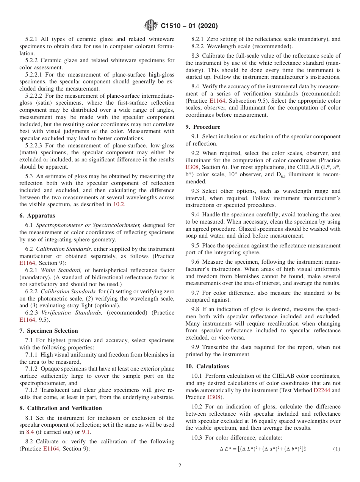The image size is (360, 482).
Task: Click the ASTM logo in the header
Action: click(x=151, y=26)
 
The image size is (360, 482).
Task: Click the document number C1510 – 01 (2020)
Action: click(x=189, y=26)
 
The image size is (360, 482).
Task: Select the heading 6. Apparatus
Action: click(x=37, y=216)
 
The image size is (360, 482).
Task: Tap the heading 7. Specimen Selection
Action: click(x=49, y=331)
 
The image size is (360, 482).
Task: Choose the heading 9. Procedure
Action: click(x=203, y=127)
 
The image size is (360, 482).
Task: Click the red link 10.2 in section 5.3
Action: click(x=119, y=205)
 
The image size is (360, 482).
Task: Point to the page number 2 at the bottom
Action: click(x=180, y=466)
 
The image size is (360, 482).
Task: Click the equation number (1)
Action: click(x=337, y=449)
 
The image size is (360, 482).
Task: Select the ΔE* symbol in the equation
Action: click(x=226, y=449)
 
